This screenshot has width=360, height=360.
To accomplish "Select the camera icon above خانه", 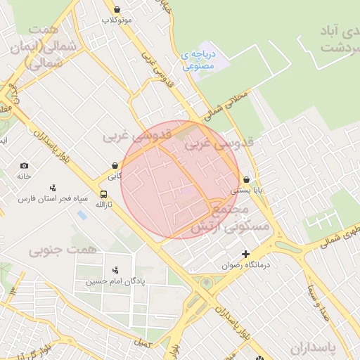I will click(25, 165).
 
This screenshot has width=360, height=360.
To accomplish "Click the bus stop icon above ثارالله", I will click(104, 195).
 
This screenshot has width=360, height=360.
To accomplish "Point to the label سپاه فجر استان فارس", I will click(53, 199).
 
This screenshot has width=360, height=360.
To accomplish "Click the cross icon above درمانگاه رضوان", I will click(245, 254).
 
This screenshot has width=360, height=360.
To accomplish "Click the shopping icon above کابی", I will click(115, 166).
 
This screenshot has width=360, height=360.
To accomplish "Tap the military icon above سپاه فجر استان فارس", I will click(53, 188).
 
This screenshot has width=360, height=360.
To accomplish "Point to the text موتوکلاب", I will click(117, 20).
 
